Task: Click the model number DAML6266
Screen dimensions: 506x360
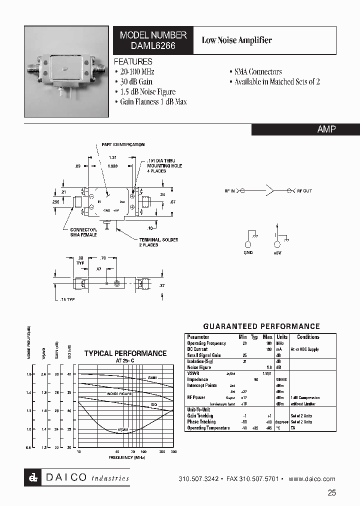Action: point(153,45)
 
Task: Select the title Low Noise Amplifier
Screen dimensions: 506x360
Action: point(236,40)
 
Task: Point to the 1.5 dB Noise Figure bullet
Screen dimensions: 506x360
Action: point(147,91)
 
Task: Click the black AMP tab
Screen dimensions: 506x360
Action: point(326,129)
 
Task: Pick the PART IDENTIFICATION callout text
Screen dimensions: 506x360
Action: point(123,144)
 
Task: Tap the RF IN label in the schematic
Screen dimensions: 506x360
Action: point(230,191)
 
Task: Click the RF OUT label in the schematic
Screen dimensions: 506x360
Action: point(304,191)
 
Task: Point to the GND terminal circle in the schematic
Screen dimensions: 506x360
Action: point(248,244)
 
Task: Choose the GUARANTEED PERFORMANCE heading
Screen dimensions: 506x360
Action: point(261,326)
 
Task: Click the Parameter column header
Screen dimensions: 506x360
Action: point(198,337)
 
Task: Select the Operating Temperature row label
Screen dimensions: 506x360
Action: point(208,427)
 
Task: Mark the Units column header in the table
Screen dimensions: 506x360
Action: point(282,337)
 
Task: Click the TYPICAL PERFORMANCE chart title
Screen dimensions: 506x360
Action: point(125,353)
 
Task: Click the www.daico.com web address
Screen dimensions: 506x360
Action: point(312,478)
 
